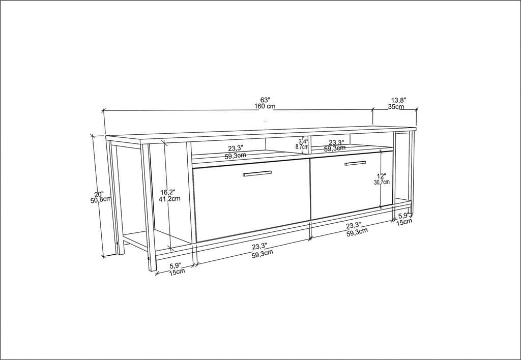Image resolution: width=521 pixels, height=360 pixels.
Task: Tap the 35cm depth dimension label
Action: (x=396, y=107)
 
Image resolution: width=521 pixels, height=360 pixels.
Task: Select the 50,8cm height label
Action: (x=100, y=200)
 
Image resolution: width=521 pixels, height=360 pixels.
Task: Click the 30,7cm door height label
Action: (x=382, y=182)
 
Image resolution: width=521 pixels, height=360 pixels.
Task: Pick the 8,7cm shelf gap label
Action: (x=302, y=146)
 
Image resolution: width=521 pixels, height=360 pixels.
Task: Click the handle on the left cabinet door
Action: (x=257, y=174)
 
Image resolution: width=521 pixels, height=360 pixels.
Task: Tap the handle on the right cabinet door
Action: (x=355, y=163)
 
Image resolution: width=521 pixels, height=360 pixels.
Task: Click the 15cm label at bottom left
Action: (x=177, y=271)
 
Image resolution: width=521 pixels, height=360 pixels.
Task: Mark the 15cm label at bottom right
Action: (x=404, y=222)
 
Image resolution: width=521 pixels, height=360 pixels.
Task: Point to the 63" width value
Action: (x=265, y=100)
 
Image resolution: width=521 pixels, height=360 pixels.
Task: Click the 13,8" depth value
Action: (x=398, y=100)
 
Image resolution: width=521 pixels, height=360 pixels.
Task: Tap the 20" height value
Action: (x=99, y=194)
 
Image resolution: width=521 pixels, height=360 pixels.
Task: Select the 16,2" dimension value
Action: (x=168, y=192)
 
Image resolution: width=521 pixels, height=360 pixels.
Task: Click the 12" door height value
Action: (x=381, y=175)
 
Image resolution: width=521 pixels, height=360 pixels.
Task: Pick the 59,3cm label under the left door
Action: (x=262, y=254)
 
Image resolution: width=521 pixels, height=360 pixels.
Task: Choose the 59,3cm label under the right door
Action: (x=357, y=232)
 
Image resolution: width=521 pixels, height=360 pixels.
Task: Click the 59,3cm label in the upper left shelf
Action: (x=234, y=156)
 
